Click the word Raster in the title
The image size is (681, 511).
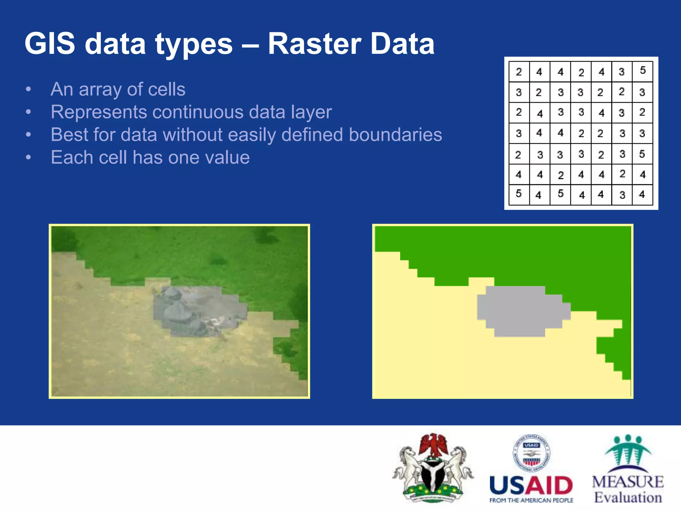314,44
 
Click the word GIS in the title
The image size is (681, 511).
50,44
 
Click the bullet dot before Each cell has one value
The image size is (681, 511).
29,157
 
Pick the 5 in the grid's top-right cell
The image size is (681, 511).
642,70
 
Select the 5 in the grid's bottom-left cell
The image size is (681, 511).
518,193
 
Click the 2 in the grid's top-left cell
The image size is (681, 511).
518,72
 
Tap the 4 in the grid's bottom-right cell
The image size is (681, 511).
642,194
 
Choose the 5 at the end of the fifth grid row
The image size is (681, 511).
642,154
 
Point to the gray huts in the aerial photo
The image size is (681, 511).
196,311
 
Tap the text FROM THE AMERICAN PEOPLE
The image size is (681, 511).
531,500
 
